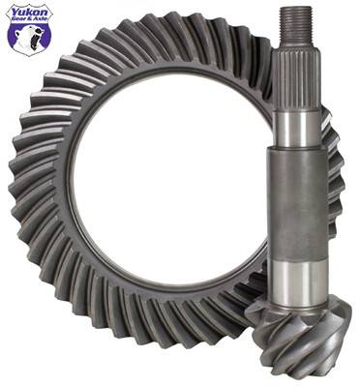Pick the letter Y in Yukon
tap(12, 13)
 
